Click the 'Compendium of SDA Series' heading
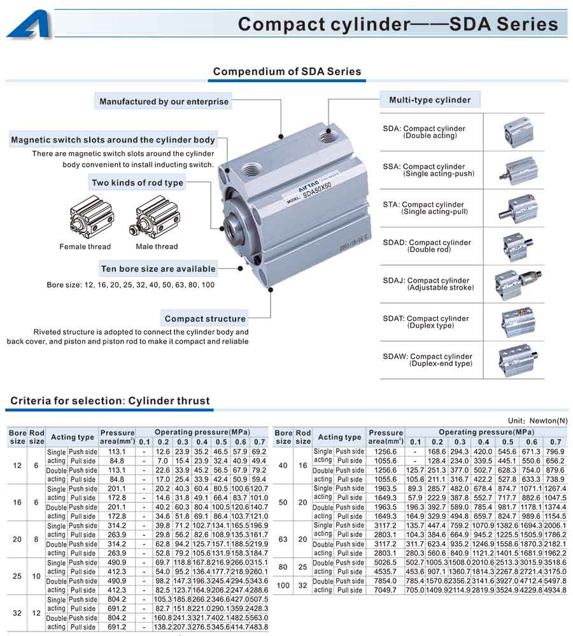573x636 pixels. point(286,71)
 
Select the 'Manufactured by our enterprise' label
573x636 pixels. point(164,101)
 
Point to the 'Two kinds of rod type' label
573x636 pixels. point(138,183)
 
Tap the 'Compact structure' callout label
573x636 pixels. point(205,318)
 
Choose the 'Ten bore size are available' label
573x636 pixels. point(158,269)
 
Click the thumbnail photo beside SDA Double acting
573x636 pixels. point(516,132)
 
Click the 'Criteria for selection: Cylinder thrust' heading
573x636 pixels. point(110,401)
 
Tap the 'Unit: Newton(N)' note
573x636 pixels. point(537,421)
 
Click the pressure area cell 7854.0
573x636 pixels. point(386,581)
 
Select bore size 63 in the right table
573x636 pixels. point(283,539)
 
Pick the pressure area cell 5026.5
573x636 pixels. point(386,563)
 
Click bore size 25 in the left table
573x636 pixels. point(18,576)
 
